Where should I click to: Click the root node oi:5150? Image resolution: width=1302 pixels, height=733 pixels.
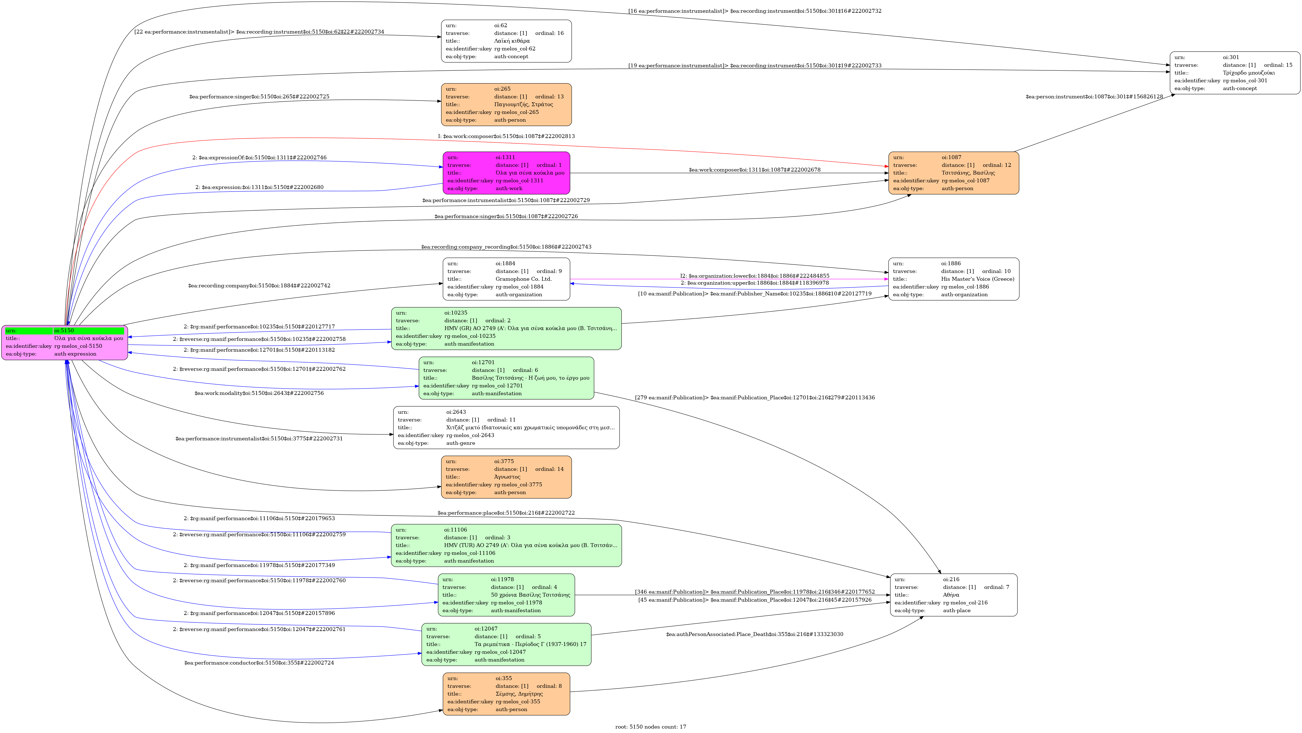65,342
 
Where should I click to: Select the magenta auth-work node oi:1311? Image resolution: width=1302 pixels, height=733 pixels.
507,173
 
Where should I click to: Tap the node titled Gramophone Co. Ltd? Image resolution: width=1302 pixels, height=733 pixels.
507,279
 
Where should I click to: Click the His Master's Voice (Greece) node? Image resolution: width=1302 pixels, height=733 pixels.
954,279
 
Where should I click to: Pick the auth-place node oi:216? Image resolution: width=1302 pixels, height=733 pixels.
954,595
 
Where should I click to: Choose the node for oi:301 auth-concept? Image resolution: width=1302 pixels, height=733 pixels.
1235,73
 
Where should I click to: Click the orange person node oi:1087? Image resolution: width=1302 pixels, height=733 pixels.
954,173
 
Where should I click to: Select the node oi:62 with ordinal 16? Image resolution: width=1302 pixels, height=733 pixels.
507,41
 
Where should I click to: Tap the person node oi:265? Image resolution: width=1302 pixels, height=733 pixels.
507,105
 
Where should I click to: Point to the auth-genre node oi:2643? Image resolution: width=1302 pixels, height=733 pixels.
507,428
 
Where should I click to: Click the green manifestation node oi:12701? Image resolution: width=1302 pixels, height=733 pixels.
507,378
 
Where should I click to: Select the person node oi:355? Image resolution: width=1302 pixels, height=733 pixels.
507,694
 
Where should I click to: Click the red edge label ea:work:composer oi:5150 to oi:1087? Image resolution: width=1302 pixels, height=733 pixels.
506,136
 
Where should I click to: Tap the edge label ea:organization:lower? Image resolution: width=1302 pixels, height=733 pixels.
754,276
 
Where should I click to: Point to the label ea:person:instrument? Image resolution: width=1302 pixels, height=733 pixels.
1094,96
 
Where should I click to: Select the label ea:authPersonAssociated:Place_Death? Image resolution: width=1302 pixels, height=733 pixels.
754,634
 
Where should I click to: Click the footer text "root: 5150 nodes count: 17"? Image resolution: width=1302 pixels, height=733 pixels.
651,727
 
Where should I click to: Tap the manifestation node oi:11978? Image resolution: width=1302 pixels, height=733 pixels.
507,595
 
